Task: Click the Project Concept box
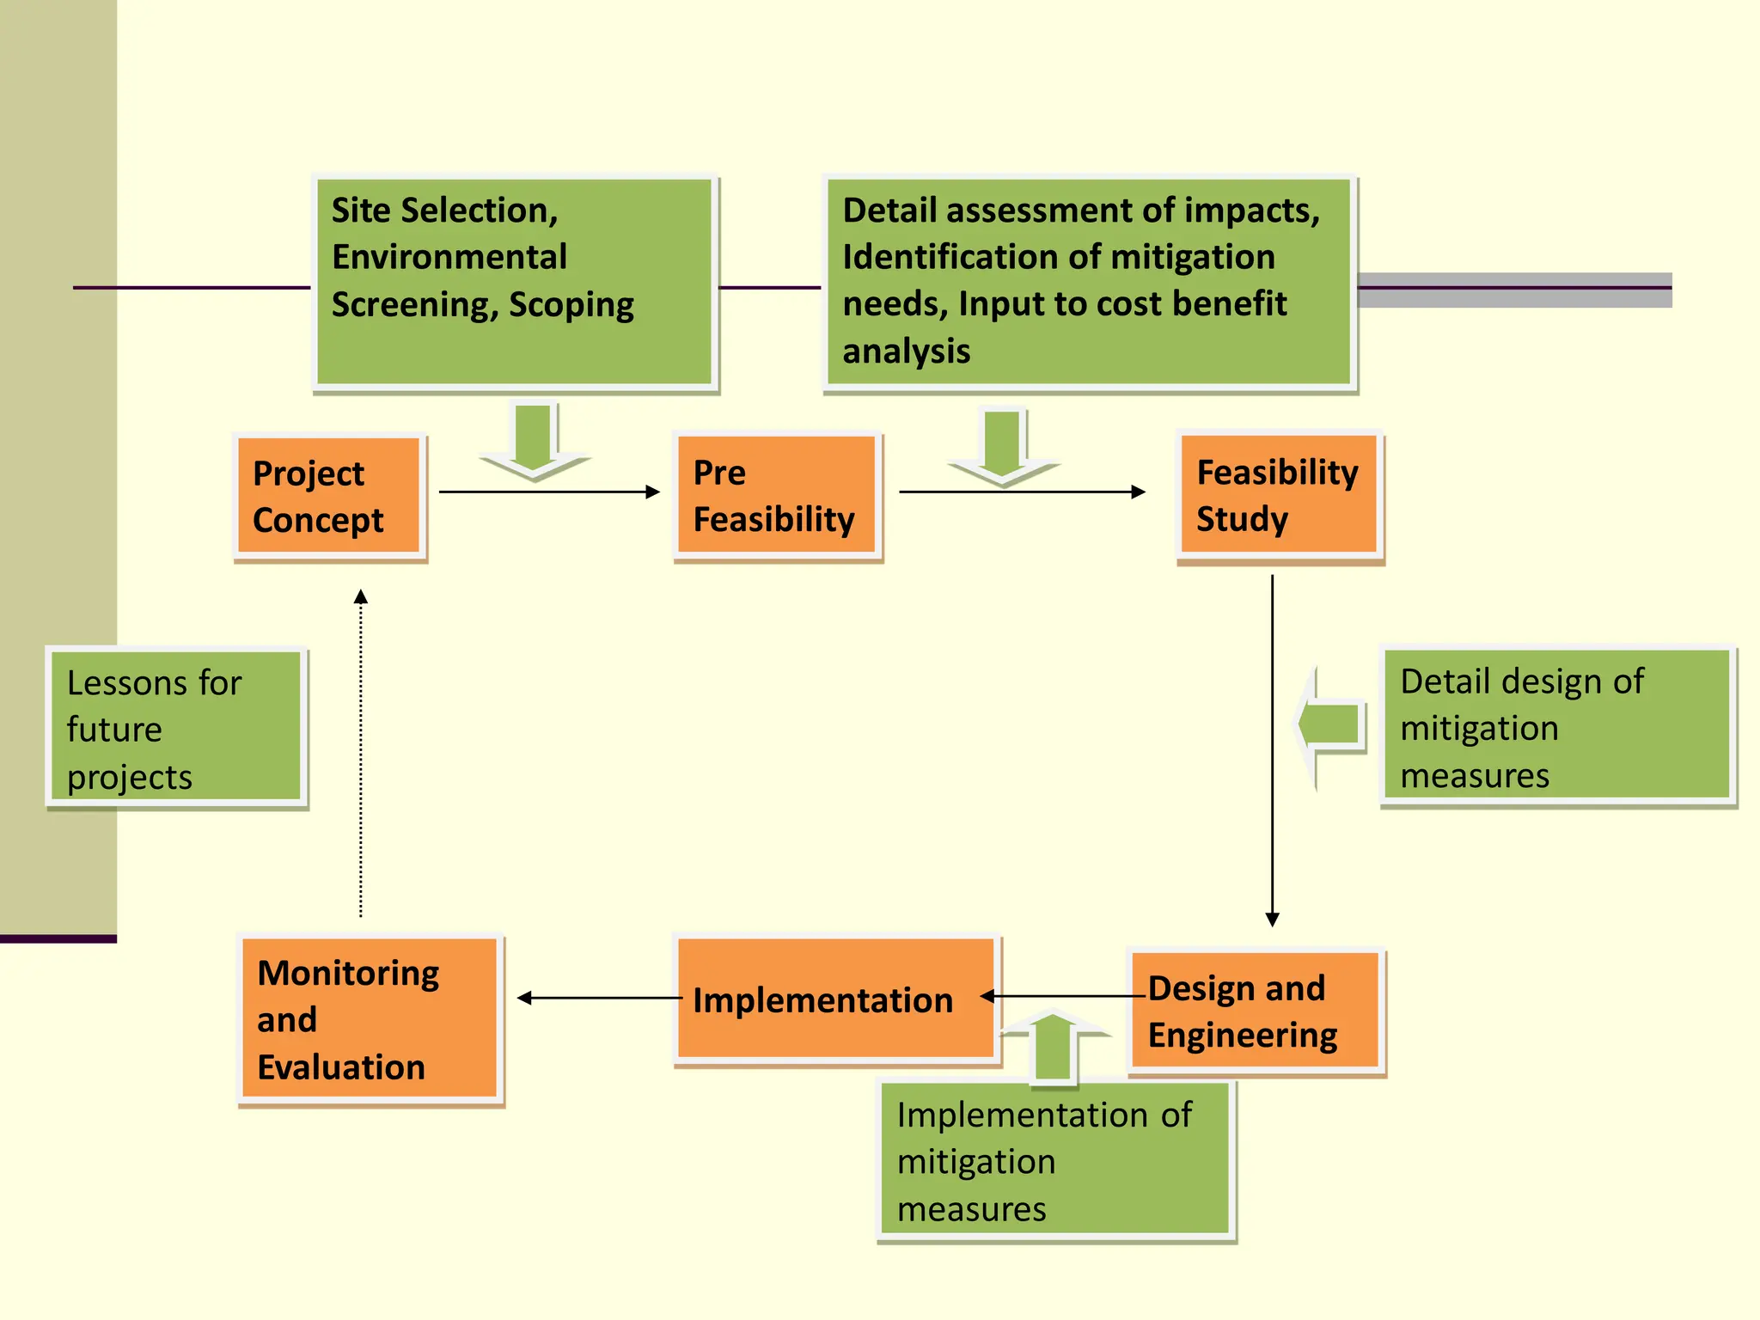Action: pos(329,497)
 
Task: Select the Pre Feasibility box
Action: pos(776,496)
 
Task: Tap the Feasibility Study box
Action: pos(1279,495)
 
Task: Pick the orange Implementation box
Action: pos(835,999)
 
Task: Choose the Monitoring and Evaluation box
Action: pos(370,1019)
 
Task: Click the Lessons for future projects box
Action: pos(176,727)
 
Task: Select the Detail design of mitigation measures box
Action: pos(1556,726)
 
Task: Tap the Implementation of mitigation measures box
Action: pos(1055,1160)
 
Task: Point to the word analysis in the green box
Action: pos(906,351)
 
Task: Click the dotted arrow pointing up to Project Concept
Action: pos(361,756)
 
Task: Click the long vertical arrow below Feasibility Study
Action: pos(1273,748)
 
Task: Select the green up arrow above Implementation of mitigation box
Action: pos(1053,1044)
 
